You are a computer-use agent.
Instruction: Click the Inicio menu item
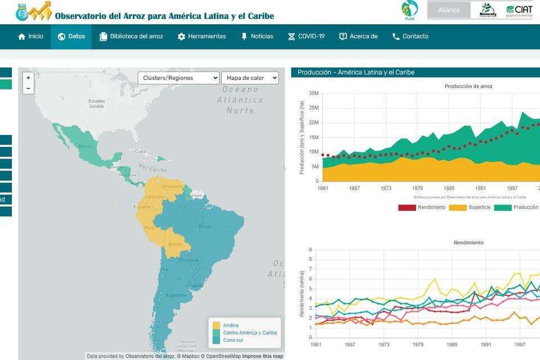pos(30,37)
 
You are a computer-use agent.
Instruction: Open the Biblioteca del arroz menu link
pos(131,37)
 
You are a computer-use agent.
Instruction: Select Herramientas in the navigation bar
pos(201,37)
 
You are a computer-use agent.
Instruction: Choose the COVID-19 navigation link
pos(306,37)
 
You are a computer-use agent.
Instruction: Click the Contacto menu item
pos(410,37)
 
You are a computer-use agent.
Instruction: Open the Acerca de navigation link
pos(358,37)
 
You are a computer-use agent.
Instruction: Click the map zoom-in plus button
pos(28,78)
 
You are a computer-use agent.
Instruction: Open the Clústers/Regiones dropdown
pos(178,78)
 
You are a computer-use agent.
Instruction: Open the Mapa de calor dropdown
pos(250,78)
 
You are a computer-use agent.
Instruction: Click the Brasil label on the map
pos(205,227)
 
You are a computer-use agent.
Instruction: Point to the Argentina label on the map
pos(176,295)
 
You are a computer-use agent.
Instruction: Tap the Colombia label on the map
pos(155,197)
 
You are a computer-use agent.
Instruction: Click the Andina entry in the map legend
pos(231,325)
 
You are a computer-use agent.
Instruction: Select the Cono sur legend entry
pos(233,340)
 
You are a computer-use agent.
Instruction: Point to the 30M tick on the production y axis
pos(314,93)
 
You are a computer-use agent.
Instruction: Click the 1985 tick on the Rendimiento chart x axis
pos(452,344)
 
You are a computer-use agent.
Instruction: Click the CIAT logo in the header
pos(519,10)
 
